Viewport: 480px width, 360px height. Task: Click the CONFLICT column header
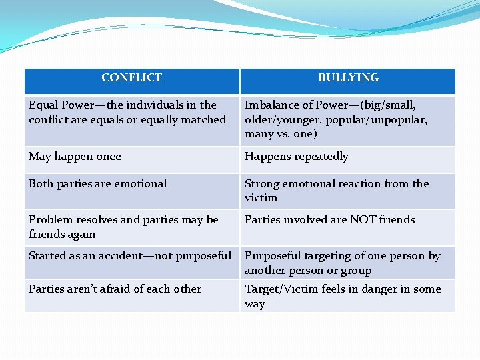131,78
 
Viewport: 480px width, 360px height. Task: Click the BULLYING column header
348,78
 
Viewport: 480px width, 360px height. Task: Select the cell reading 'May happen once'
75,157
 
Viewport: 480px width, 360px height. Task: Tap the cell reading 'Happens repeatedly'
297,157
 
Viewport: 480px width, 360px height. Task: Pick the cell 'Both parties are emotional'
98,184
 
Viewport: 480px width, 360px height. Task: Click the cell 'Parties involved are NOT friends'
329,220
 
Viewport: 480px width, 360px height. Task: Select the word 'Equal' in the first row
43,105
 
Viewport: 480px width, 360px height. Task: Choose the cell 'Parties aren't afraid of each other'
115,289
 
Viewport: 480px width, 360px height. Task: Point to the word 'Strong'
262,184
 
